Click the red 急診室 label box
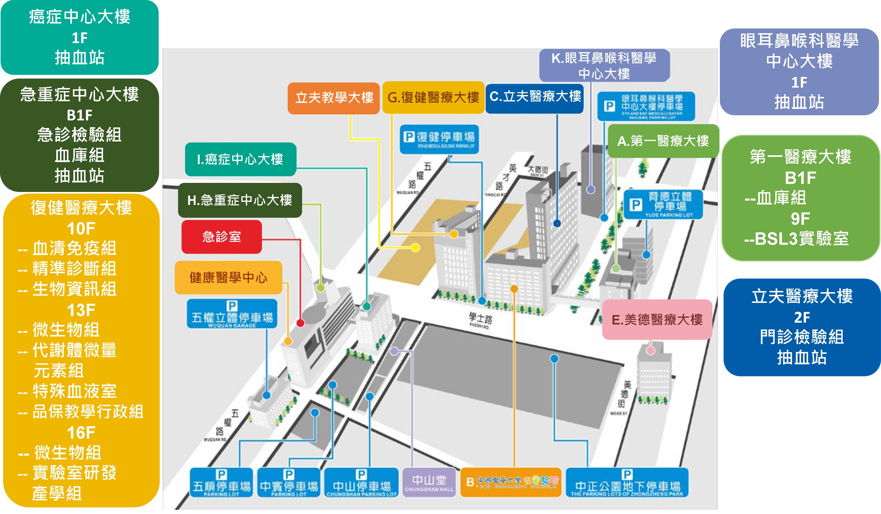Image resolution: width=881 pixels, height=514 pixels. point(222,237)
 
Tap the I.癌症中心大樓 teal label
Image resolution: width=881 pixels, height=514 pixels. point(240,159)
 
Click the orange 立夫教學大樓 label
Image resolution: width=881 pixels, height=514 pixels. point(334,98)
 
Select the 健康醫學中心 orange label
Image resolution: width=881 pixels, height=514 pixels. point(228,278)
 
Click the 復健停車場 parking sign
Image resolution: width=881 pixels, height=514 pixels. point(439,139)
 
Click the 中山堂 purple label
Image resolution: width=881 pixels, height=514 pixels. point(429,482)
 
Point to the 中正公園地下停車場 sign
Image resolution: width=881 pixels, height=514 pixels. point(627,482)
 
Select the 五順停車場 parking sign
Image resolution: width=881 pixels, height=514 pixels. point(221,482)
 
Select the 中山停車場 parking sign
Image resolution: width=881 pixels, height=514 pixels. point(361,482)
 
